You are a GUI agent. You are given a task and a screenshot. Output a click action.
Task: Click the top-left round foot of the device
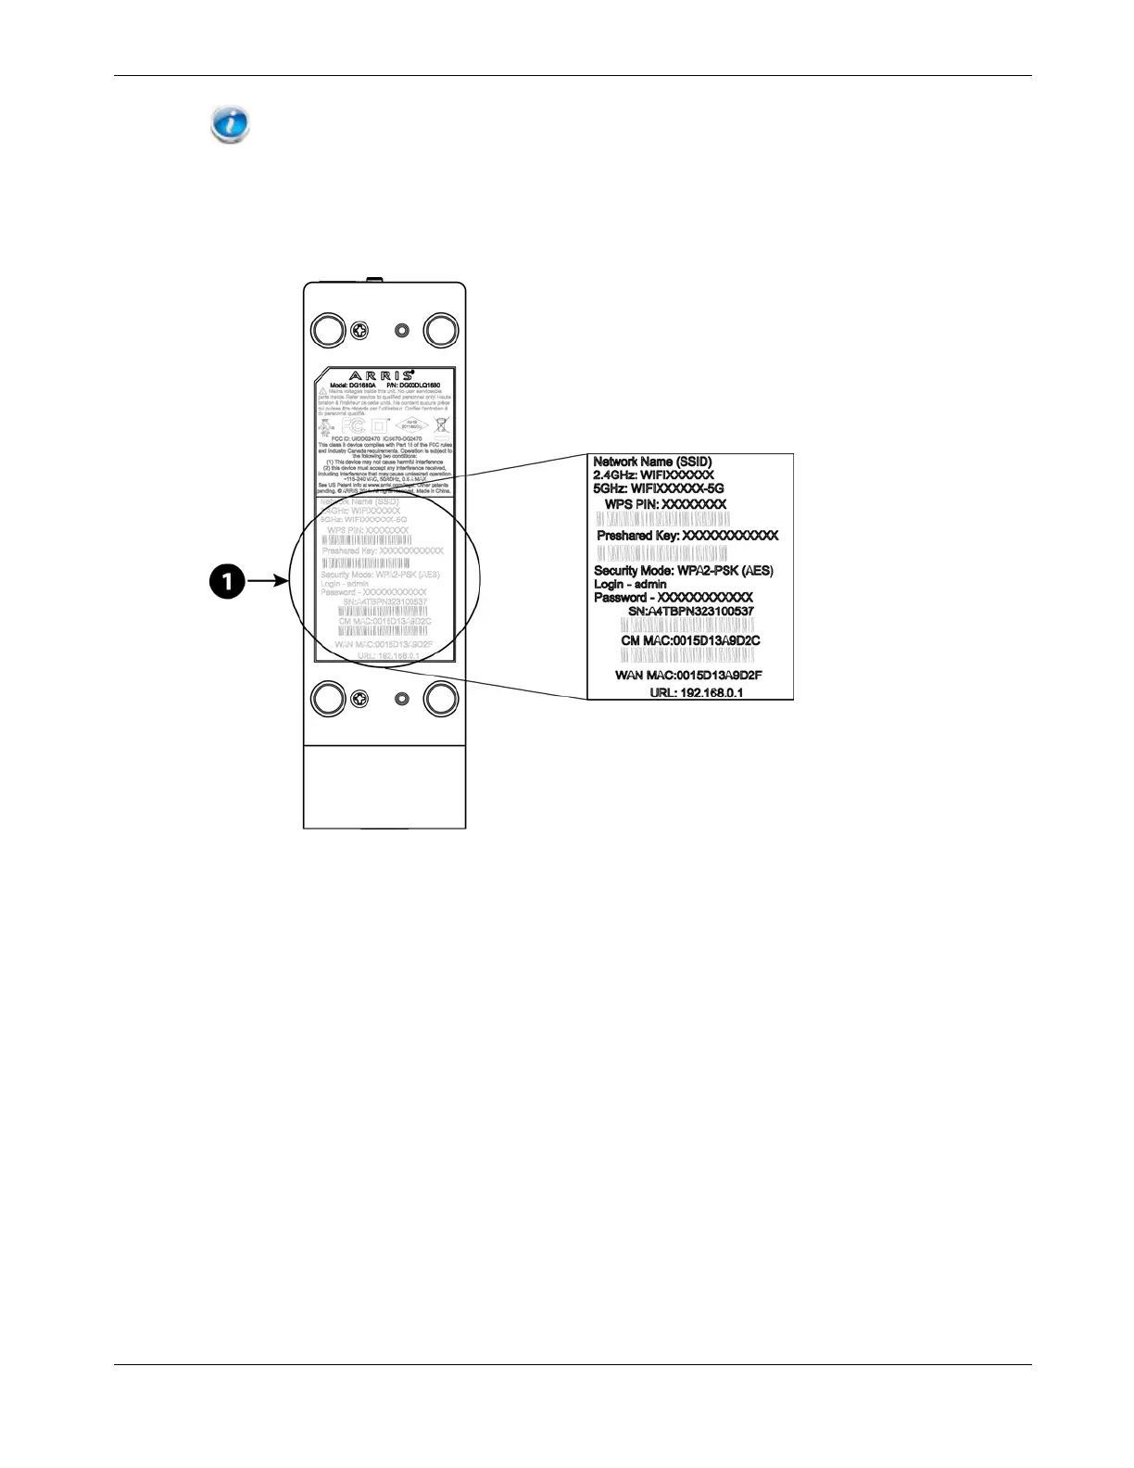(328, 330)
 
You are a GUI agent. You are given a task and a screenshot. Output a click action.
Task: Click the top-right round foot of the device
(441, 330)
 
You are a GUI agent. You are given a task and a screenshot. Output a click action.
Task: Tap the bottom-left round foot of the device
(328, 698)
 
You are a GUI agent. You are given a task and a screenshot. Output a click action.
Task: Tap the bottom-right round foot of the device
(441, 698)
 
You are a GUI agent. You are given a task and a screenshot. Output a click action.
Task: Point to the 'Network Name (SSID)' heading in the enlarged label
(652, 462)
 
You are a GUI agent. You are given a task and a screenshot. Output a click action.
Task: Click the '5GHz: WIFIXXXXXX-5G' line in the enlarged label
(659, 488)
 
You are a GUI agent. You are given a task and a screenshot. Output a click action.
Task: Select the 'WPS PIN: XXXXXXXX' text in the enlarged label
(665, 504)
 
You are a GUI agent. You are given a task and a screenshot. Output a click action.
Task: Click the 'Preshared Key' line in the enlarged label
(687, 536)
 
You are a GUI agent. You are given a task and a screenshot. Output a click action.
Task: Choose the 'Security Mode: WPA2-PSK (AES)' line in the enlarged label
(683, 571)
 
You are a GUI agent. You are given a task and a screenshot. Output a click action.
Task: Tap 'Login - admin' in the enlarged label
(630, 585)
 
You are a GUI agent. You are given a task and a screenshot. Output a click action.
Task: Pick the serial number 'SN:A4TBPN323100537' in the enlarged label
(691, 612)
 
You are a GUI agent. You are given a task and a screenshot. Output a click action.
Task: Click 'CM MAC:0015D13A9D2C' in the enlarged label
(690, 640)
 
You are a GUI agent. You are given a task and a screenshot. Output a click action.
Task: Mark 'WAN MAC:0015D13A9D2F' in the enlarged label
(688, 676)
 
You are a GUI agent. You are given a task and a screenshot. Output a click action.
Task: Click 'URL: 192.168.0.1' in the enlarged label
(696, 692)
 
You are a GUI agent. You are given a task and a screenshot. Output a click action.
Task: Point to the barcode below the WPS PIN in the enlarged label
(662, 519)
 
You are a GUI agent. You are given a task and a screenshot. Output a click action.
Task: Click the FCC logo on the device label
(353, 425)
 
